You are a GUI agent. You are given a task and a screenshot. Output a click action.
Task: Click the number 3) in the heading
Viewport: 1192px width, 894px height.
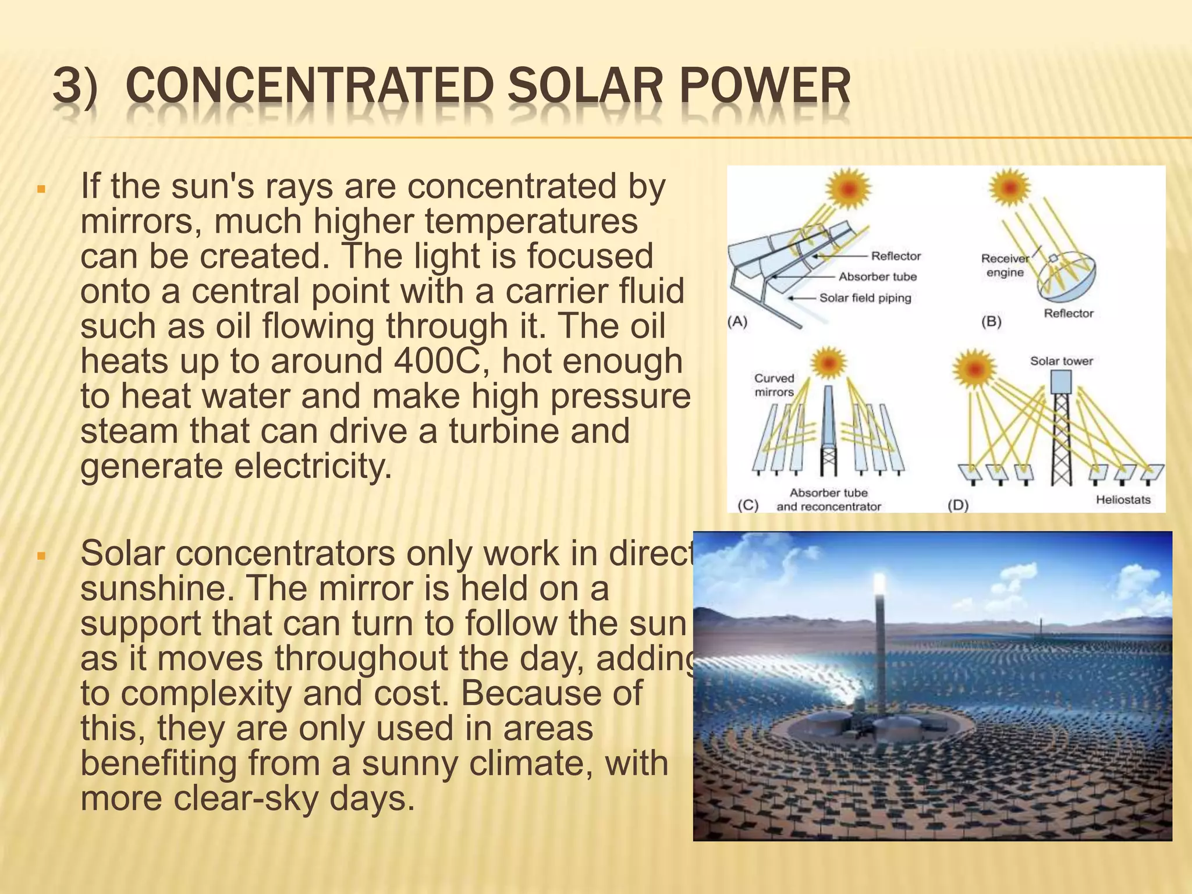(74, 87)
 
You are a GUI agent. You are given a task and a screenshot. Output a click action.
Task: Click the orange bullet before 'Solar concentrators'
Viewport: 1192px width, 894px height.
(41, 556)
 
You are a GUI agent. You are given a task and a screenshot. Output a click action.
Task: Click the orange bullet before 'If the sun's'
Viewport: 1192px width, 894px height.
(41, 190)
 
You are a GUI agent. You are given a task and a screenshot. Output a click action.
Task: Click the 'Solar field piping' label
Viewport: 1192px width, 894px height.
(865, 298)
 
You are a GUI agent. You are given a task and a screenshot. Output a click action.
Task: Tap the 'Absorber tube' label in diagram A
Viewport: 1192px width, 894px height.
(877, 277)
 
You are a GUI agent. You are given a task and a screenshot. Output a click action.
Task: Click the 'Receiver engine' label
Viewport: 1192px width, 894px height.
(1005, 265)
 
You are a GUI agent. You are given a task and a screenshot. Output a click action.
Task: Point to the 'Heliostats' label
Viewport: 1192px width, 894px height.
(1123, 499)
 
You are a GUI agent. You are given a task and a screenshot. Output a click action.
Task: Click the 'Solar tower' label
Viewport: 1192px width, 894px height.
(1061, 361)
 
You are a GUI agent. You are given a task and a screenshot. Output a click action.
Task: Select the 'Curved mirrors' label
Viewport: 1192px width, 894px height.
(774, 385)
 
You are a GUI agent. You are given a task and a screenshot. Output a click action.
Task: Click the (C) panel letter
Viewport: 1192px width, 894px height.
(748, 505)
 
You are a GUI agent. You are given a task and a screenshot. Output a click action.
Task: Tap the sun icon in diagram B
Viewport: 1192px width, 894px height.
(1010, 187)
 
